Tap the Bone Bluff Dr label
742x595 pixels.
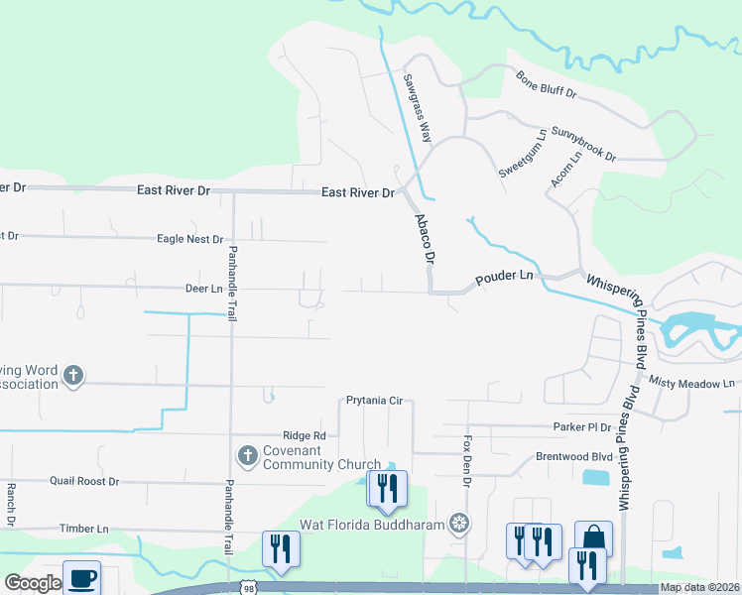click(x=546, y=83)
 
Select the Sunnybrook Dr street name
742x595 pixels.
click(x=583, y=144)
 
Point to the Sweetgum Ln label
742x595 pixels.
click(x=523, y=153)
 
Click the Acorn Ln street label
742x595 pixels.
click(x=566, y=170)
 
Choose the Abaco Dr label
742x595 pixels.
click(x=426, y=237)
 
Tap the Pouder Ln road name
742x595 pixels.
click(x=504, y=281)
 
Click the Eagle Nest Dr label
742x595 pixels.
click(x=189, y=239)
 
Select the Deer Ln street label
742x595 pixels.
click(x=202, y=289)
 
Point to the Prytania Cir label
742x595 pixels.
click(x=374, y=401)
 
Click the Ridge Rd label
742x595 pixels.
click(x=304, y=435)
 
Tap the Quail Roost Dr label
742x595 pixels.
click(x=84, y=481)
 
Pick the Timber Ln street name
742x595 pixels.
click(x=83, y=530)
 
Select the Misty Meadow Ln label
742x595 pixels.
click(x=692, y=382)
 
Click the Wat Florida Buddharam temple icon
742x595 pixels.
click(x=458, y=522)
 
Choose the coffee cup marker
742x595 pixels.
click(x=81, y=578)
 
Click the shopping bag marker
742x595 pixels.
click(x=593, y=538)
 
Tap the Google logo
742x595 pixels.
click(x=33, y=583)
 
